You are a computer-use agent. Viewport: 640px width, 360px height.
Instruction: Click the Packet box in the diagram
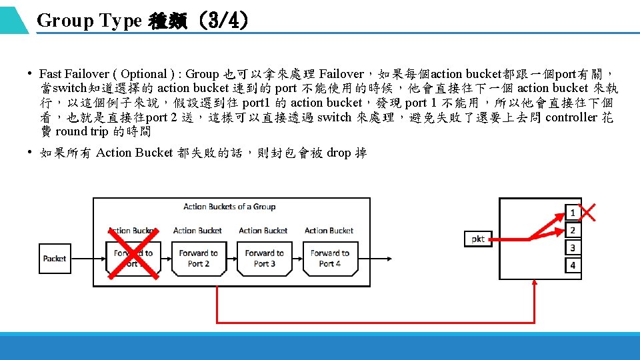pyautogui.click(x=55, y=259)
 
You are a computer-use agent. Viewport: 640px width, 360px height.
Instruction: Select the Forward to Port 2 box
pyautogui.click(x=198, y=259)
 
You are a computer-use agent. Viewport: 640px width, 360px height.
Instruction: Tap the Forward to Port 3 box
pyautogui.click(x=264, y=259)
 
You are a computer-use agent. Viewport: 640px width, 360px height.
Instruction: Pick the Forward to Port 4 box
pyautogui.click(x=329, y=259)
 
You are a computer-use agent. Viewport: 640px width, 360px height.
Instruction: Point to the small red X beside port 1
pyautogui.click(x=588, y=212)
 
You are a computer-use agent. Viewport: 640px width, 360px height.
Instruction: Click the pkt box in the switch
pyautogui.click(x=477, y=238)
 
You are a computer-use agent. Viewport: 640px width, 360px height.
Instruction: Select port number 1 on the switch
pyautogui.click(x=572, y=213)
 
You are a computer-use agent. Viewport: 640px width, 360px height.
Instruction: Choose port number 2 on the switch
pyautogui.click(x=572, y=231)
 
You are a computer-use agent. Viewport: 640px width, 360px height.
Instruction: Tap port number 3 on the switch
pyautogui.click(x=572, y=248)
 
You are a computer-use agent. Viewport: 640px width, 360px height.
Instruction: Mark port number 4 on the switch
pyautogui.click(x=572, y=265)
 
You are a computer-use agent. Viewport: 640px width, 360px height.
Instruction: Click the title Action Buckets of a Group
pyautogui.click(x=229, y=207)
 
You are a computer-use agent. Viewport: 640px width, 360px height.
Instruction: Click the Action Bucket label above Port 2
pyautogui.click(x=197, y=231)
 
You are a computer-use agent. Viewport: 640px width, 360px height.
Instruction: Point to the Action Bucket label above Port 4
pyautogui.click(x=329, y=231)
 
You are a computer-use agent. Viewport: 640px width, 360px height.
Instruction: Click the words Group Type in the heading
pyautogui.click(x=89, y=21)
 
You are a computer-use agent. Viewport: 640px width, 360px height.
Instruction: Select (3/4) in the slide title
pyautogui.click(x=227, y=21)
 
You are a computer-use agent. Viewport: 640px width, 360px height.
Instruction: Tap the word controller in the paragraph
pyautogui.click(x=571, y=117)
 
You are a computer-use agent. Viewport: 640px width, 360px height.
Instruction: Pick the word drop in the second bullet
pyautogui.click(x=339, y=153)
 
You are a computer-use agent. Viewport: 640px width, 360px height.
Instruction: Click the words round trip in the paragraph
pyautogui.click(x=82, y=131)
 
